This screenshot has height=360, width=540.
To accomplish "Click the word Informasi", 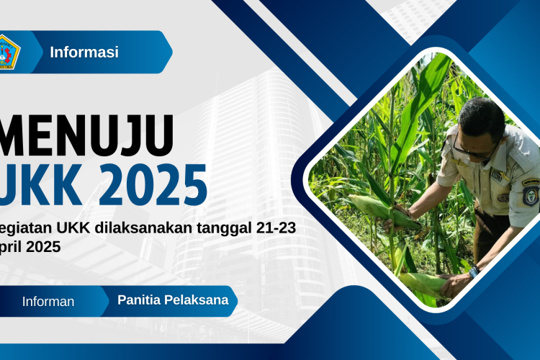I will (x=84, y=52).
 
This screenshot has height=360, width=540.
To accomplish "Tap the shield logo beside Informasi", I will (x=8, y=52).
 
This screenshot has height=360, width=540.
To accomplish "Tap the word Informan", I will (x=48, y=302).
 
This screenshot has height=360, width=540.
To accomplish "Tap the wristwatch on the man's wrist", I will (x=474, y=272).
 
